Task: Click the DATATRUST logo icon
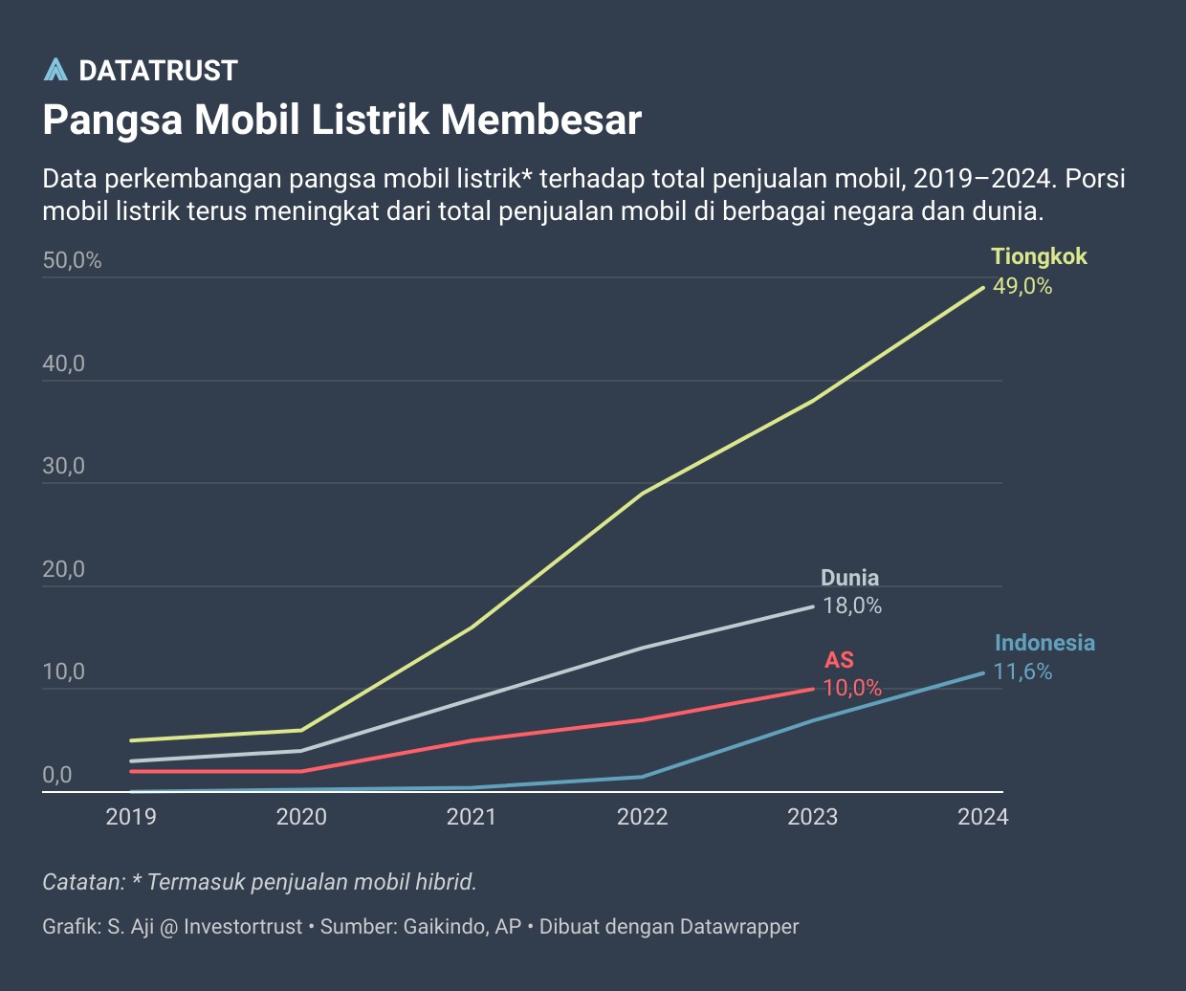coord(56,70)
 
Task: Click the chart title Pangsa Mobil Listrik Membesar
coord(341,121)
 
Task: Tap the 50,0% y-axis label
coord(72,260)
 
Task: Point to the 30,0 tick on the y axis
coord(64,466)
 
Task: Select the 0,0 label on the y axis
coord(57,775)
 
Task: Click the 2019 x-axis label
coord(131,817)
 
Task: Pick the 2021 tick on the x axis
coord(472,817)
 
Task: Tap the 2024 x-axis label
coord(983,817)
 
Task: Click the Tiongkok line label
coord(1039,256)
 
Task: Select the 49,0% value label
coord(1022,286)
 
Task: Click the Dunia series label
coord(849,578)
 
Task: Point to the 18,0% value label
coord(852,606)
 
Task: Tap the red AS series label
coord(839,660)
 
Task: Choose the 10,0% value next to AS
coord(852,688)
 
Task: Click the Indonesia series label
coord(1044,643)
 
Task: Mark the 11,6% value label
coord(1022,672)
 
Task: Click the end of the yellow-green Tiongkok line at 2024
coord(982,287)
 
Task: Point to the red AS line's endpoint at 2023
coord(812,689)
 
